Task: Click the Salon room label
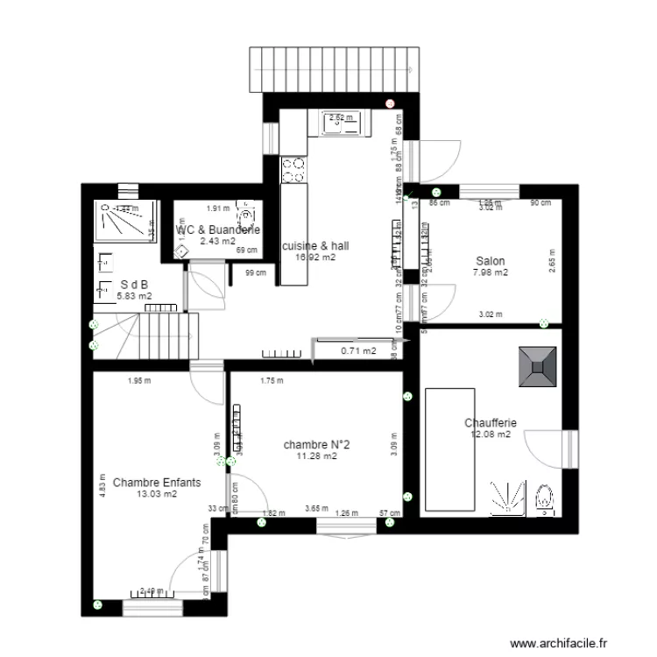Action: [x=491, y=261]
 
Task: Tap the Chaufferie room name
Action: [x=491, y=423]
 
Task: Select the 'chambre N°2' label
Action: [x=317, y=445]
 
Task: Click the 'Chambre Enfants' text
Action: [x=157, y=483]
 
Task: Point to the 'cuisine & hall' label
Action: [x=316, y=246]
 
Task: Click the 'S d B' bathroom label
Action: [x=133, y=285]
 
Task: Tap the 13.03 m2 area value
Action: [x=157, y=494]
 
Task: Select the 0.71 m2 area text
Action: [x=358, y=351]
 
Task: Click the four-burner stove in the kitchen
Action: [x=293, y=169]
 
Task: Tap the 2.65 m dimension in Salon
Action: [x=552, y=264]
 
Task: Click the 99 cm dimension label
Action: [x=256, y=273]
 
